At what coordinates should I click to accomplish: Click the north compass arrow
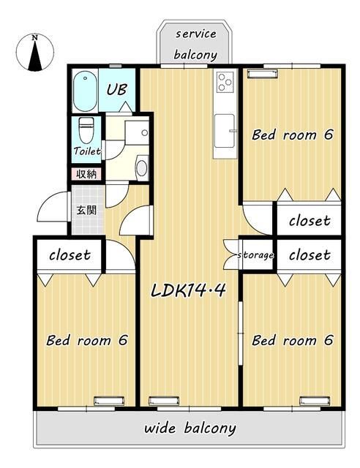[35, 56]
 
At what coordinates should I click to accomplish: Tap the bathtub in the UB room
[85, 91]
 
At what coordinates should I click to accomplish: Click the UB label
[117, 89]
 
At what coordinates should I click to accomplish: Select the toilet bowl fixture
[86, 130]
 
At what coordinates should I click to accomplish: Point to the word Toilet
[87, 151]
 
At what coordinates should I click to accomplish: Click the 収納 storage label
[86, 174]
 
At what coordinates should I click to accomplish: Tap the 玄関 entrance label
[86, 210]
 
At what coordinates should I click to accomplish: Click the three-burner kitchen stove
[225, 81]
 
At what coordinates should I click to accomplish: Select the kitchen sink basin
[225, 131]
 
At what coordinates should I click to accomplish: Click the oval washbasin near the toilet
[142, 167]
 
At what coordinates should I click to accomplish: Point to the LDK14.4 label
[188, 290]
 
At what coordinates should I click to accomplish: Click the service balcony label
[195, 44]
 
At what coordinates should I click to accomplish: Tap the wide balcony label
[190, 429]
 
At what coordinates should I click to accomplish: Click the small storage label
[255, 255]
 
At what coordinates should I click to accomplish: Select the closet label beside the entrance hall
[70, 255]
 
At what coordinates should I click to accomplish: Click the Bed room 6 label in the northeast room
[292, 135]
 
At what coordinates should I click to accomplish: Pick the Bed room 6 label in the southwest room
[87, 340]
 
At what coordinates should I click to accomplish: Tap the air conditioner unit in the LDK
[164, 401]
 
